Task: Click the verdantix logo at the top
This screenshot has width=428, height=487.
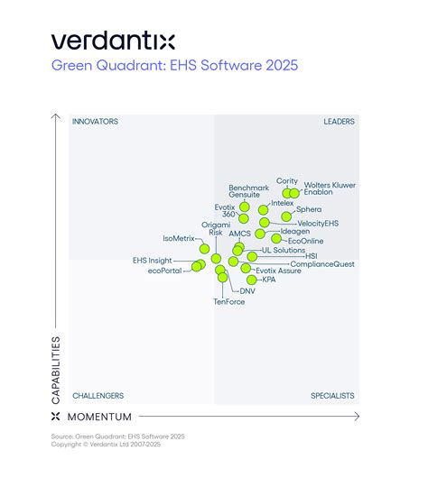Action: coord(113,41)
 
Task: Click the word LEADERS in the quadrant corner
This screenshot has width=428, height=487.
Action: coord(339,122)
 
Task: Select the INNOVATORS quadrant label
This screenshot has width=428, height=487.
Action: coord(96,122)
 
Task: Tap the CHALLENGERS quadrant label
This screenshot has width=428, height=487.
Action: coord(98,396)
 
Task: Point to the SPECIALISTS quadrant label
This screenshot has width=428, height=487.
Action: coord(332,396)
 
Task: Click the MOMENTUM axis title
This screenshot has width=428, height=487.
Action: coord(99,417)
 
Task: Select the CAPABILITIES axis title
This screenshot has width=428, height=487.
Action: coord(56,369)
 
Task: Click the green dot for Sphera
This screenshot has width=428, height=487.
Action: coord(287,216)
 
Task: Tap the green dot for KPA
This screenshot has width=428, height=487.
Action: coord(252,280)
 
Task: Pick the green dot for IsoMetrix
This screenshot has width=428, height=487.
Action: coord(204,248)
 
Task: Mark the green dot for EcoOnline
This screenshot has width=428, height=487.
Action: coord(276,240)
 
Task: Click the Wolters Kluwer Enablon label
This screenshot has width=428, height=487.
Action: coord(330,188)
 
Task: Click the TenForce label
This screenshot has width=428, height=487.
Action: coord(228,301)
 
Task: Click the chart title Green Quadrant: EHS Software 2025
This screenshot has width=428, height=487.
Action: coord(174,65)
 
